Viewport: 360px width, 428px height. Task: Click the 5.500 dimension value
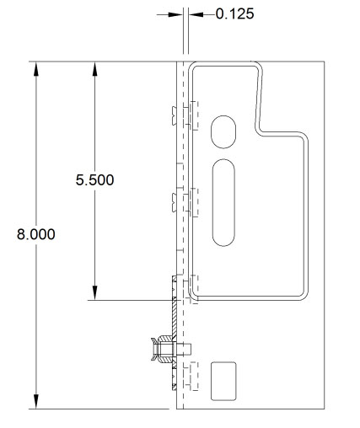pos(94,180)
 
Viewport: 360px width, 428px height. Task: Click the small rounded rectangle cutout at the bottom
pos(223,380)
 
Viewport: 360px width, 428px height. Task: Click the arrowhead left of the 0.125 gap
pos(175,14)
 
